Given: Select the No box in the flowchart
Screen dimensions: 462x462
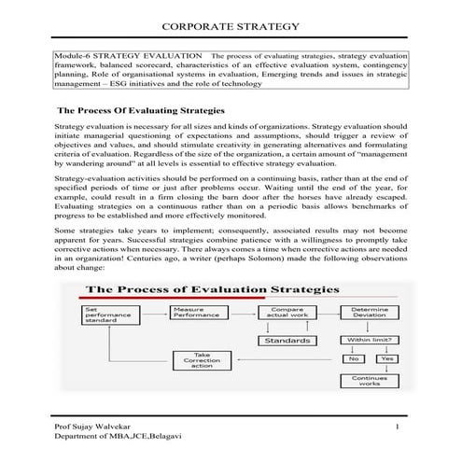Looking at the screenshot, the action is [x=353, y=358].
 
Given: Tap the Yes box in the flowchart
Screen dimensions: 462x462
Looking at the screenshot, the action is [x=385, y=358].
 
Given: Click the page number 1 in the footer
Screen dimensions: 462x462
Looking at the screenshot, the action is [x=398, y=427].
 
